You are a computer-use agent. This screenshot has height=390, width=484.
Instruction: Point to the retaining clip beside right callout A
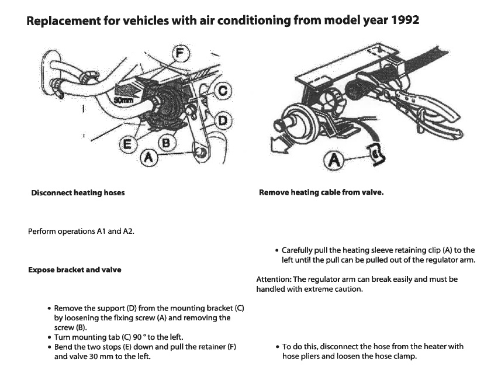[x=374, y=153]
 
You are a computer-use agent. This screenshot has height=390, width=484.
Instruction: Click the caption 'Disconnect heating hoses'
[x=78, y=192]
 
